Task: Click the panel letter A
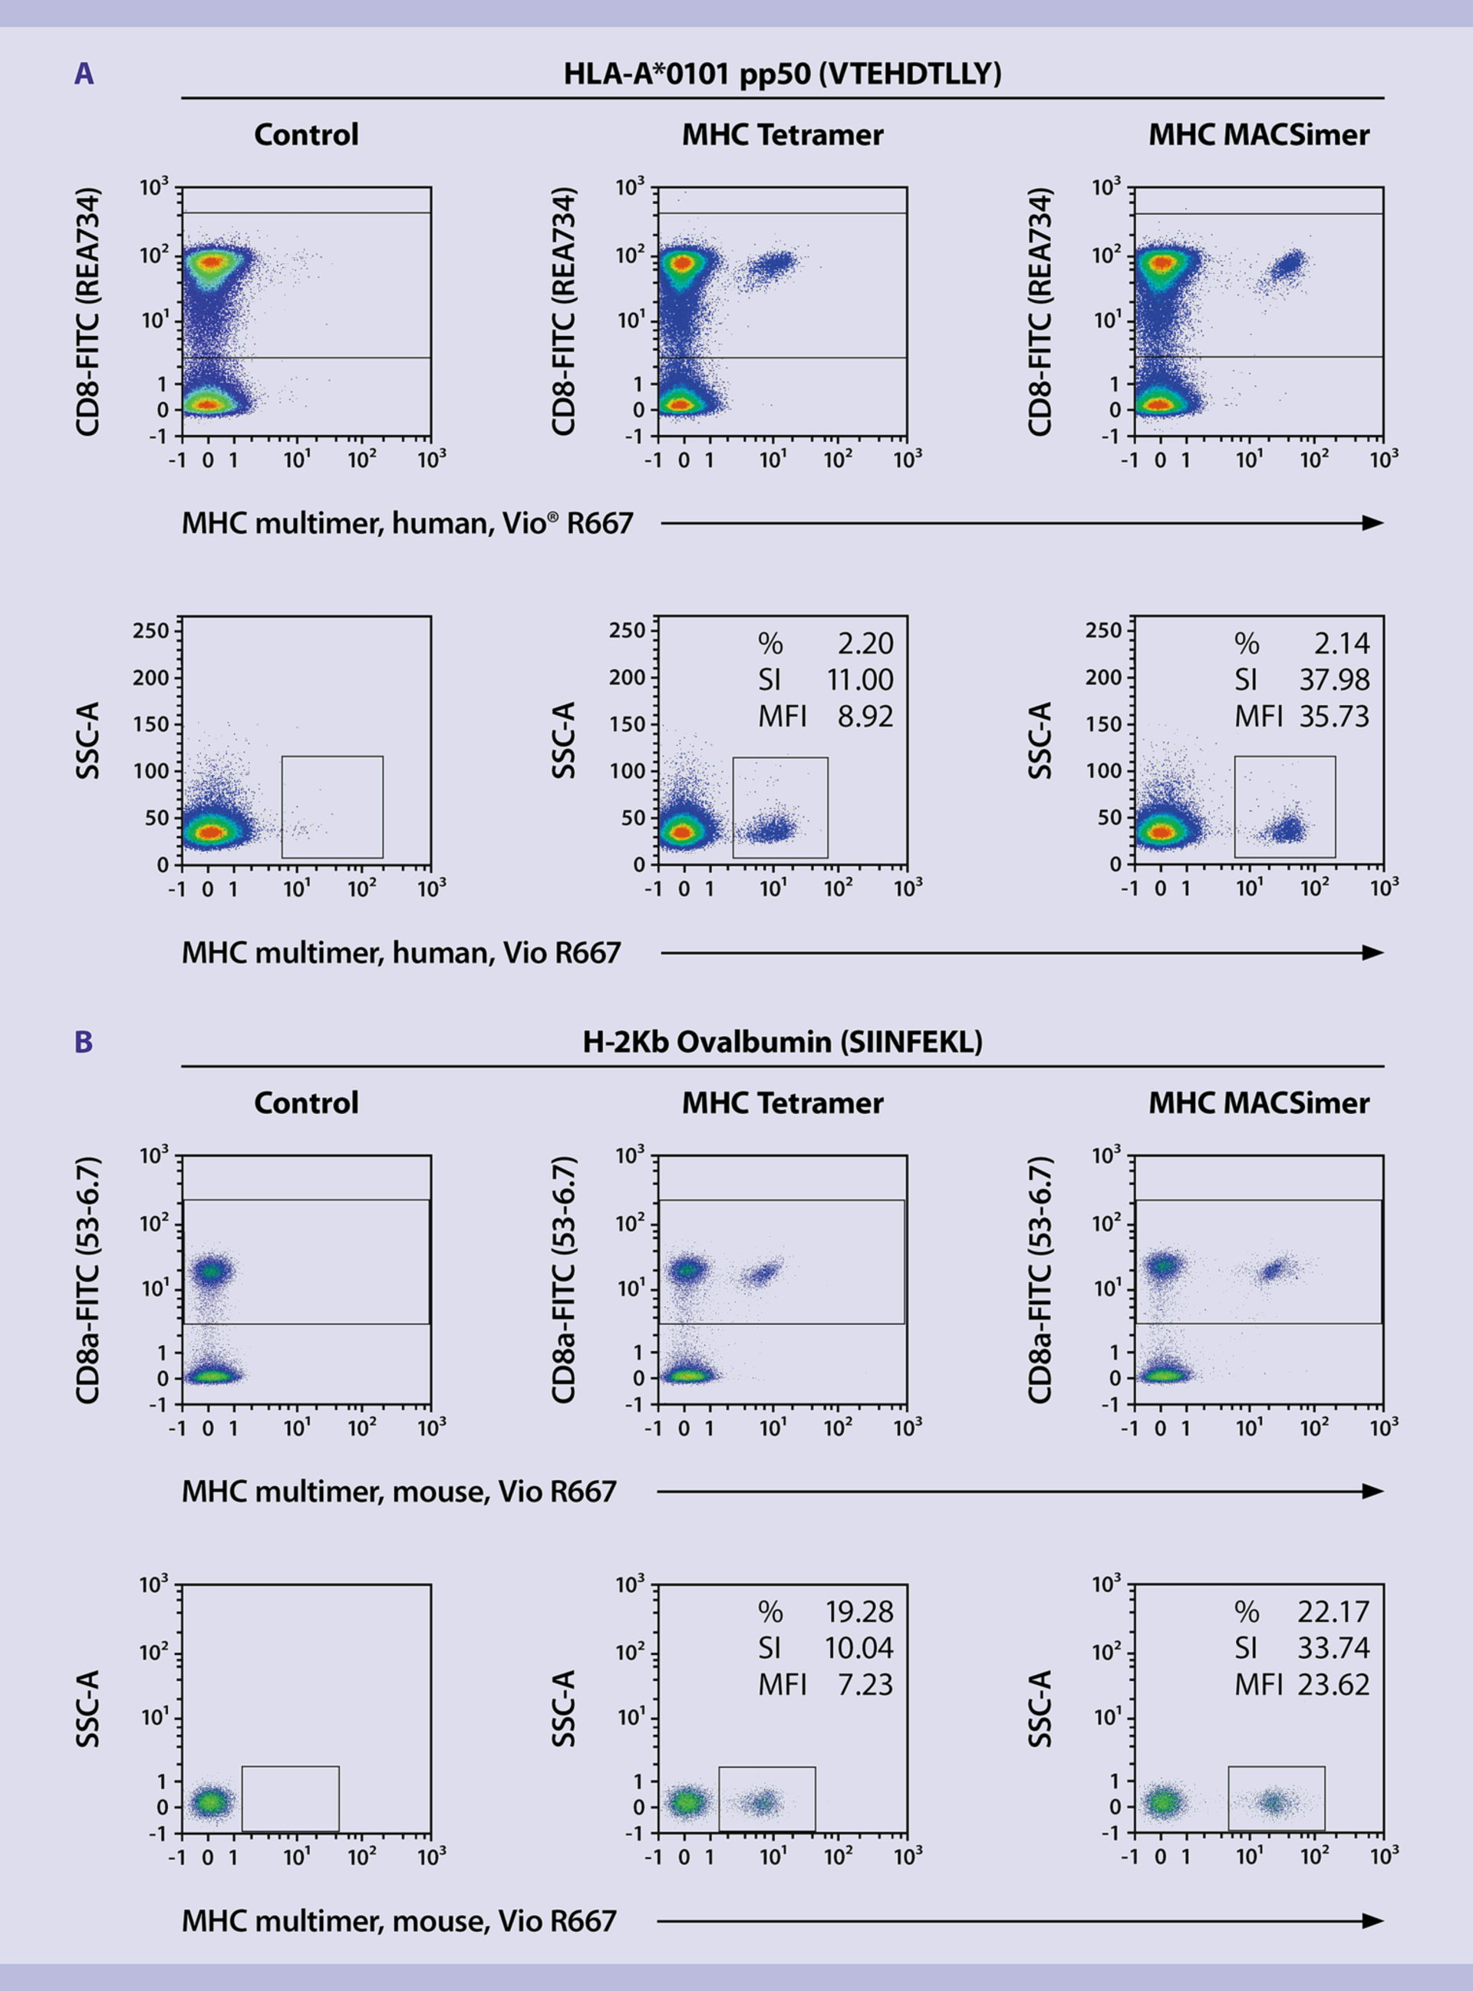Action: (x=83, y=74)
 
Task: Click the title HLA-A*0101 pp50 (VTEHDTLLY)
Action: (x=782, y=74)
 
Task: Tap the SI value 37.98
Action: (x=1333, y=680)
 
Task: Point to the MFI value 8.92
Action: (x=864, y=717)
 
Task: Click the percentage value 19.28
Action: (x=858, y=1611)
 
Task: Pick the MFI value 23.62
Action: (x=1333, y=1684)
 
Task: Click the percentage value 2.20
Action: (x=864, y=643)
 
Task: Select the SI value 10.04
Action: (x=858, y=1648)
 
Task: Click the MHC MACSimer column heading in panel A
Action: (x=1258, y=134)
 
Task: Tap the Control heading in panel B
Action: (x=306, y=1103)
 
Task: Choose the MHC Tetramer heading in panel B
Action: (x=782, y=1103)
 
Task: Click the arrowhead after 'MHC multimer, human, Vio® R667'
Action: (x=1373, y=523)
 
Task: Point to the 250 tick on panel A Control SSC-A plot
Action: (x=150, y=631)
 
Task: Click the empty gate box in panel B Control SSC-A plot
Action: (x=290, y=1798)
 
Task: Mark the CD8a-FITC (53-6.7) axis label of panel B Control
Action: (x=87, y=1281)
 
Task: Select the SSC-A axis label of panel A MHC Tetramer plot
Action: (x=564, y=740)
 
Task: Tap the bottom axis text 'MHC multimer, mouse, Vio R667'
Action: (x=399, y=1920)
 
